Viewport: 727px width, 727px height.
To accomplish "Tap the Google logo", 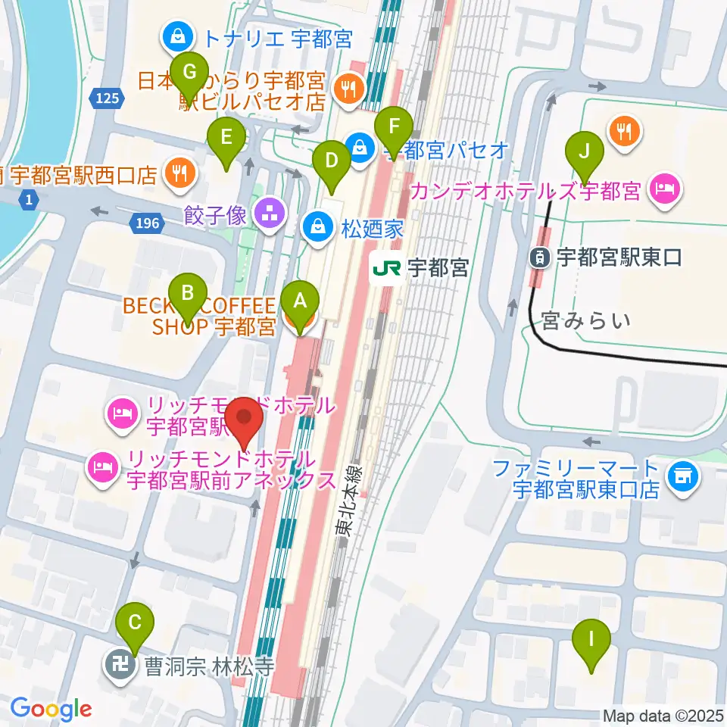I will [x=51, y=710].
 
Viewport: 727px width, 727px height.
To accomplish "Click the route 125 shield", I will [x=108, y=96].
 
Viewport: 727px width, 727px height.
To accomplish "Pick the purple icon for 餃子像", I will [x=267, y=216].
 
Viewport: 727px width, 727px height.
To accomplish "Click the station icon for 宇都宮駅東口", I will [x=539, y=257].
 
